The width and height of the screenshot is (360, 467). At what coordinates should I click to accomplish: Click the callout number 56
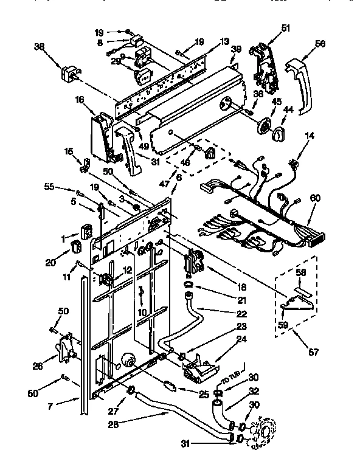click(320, 44)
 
